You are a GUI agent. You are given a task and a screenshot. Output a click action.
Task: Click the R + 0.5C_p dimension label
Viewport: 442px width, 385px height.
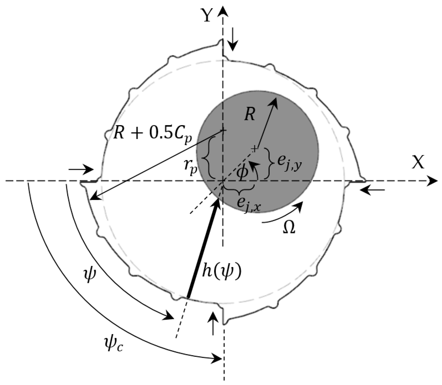152,136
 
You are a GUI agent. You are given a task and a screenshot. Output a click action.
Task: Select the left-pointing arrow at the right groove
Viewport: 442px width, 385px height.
372,190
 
